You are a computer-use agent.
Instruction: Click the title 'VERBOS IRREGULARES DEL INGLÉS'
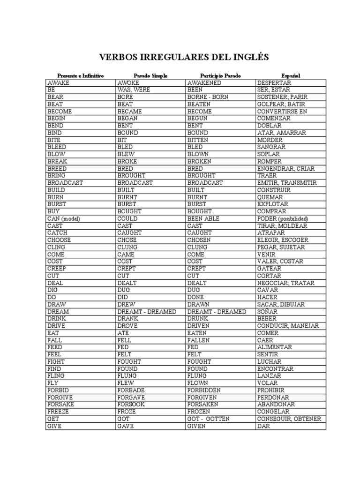(183, 57)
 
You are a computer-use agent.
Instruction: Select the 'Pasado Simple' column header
(150, 75)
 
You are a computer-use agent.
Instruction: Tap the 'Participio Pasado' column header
(220, 75)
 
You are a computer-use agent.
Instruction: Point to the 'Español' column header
(291, 75)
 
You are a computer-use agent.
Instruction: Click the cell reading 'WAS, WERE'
(134, 90)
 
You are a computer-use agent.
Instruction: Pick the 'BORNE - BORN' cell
(208, 97)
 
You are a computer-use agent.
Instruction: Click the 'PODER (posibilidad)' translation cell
(289, 218)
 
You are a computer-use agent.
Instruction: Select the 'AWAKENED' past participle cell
(204, 82)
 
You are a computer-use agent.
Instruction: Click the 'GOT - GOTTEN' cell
(209, 419)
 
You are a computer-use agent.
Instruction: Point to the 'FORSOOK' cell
(133, 405)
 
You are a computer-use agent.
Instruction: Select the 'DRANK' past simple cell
(128, 319)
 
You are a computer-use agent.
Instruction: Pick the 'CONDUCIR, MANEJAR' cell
(288, 326)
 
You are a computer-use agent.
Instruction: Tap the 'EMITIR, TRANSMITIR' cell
(287, 183)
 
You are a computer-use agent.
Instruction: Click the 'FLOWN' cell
(197, 383)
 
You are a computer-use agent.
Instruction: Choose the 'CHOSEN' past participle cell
(199, 240)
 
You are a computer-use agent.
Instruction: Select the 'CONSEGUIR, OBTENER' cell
(289, 419)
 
